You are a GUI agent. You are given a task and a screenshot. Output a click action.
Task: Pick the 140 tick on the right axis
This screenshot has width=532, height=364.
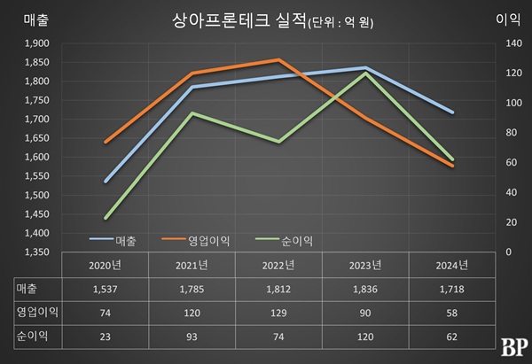click(511, 43)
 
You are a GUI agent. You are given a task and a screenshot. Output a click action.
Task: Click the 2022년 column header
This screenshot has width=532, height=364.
click(279, 264)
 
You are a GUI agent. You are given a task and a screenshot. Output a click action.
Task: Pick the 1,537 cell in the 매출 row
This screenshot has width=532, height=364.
click(106, 289)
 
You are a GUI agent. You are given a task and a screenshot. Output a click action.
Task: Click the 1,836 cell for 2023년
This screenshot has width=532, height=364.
click(365, 289)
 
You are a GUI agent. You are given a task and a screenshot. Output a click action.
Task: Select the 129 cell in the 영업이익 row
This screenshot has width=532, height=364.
click(279, 313)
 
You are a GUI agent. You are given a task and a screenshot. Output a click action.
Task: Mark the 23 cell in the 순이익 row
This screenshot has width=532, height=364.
click(106, 337)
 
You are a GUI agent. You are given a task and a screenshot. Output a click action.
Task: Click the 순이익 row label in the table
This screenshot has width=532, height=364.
click(30, 337)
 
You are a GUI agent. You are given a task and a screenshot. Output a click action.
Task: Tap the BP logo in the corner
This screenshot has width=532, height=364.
click(509, 347)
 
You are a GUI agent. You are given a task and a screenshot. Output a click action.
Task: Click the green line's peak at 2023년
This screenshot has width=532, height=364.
click(365, 73)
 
